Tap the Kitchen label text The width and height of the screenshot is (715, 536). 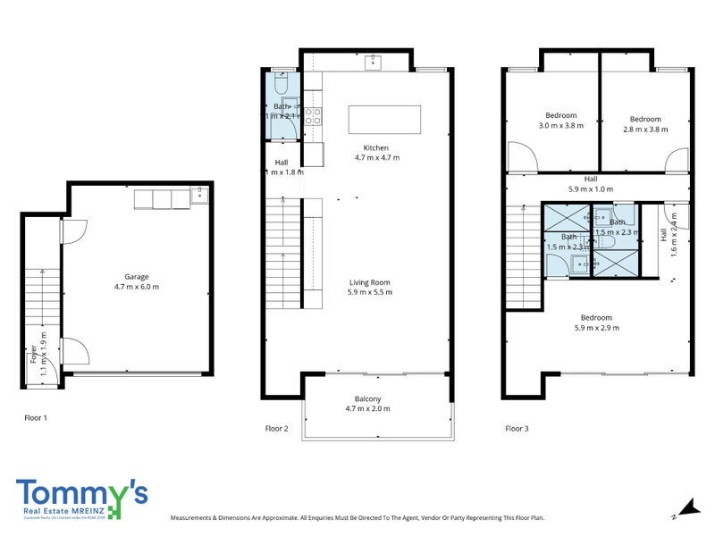[376, 153]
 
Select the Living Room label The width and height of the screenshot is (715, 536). [370, 287]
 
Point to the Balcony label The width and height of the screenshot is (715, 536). [366, 403]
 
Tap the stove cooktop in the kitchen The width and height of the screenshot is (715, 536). [312, 114]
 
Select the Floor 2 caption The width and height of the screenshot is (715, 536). [277, 429]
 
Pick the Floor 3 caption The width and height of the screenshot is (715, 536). [517, 429]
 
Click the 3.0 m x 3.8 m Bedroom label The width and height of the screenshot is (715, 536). [560, 121]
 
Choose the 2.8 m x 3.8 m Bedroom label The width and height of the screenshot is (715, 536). [644, 124]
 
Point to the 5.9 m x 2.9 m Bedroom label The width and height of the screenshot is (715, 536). [596, 322]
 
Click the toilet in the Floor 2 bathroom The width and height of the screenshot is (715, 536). [280, 84]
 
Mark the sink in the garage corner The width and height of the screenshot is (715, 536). [201, 193]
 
